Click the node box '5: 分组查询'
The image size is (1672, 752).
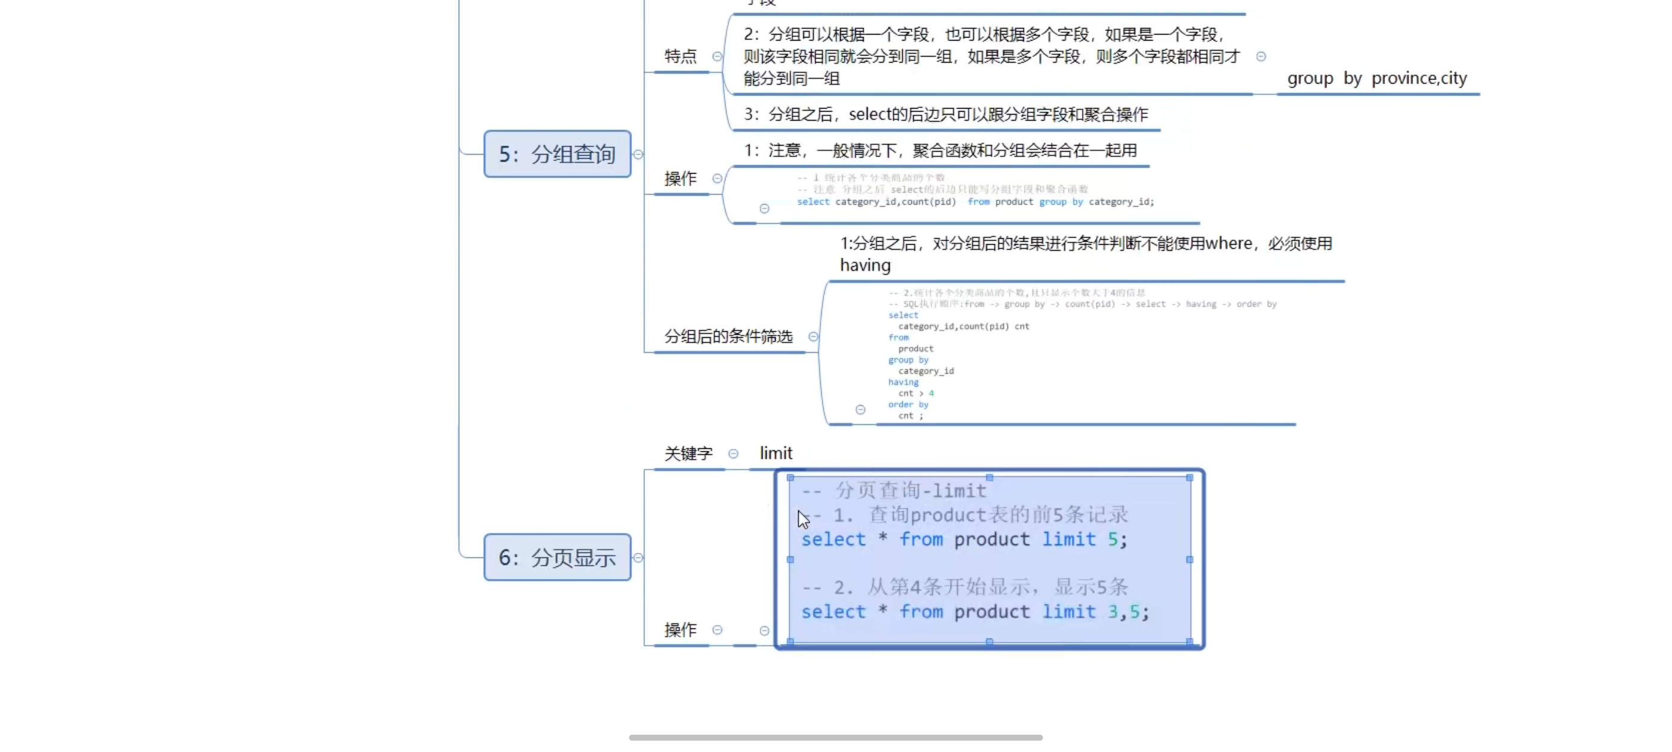coord(557,154)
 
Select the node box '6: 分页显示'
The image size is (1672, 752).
coord(557,557)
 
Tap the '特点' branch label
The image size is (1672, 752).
coord(680,57)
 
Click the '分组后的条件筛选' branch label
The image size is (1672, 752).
coord(729,336)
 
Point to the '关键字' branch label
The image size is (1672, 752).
coord(688,454)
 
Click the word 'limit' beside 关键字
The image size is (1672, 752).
coord(776,453)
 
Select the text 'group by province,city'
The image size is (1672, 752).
coord(1376,79)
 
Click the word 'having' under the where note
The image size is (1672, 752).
coord(865,266)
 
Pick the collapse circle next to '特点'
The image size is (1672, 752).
coord(717,57)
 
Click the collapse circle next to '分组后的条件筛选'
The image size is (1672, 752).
coord(813,337)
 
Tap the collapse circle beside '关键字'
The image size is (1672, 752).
coord(733,454)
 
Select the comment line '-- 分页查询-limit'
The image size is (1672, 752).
coord(894,491)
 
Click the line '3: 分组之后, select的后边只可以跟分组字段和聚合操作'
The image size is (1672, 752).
coord(945,115)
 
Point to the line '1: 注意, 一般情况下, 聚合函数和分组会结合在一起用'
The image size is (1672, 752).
coord(940,150)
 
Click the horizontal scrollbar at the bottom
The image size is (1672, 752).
coord(835,738)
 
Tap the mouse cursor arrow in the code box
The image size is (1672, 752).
coord(803,519)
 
